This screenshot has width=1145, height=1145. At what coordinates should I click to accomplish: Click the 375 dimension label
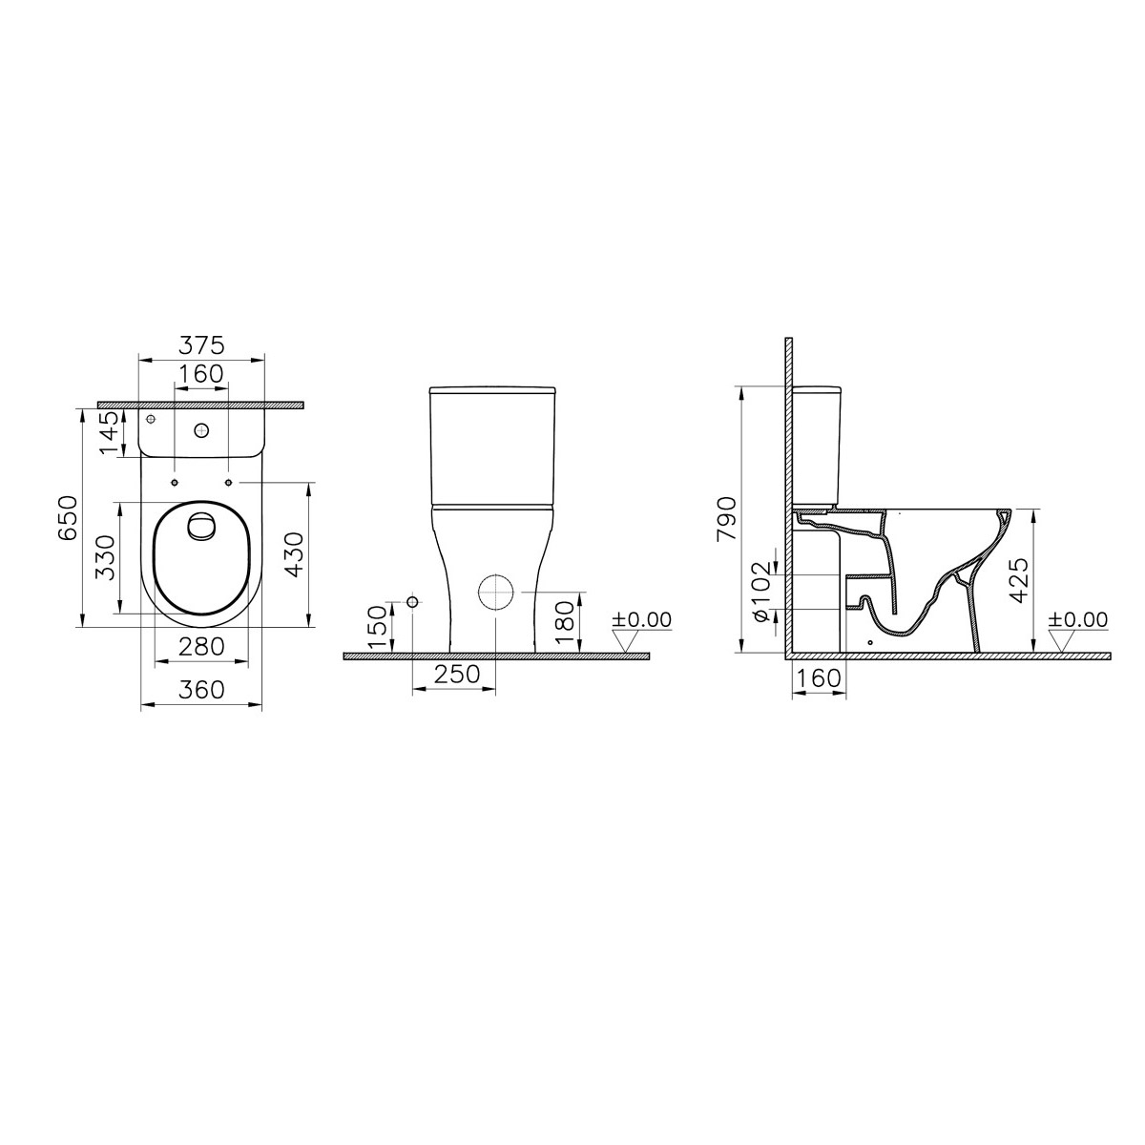click(201, 344)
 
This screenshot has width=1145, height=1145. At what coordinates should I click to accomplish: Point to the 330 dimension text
click(105, 557)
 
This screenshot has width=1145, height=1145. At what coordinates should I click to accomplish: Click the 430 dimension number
click(294, 554)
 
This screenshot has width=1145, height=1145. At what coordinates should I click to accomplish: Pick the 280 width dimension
click(201, 647)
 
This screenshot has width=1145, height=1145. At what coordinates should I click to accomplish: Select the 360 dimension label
click(201, 690)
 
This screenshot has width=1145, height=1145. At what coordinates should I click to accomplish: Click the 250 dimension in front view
click(456, 674)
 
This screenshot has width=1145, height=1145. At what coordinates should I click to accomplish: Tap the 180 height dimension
click(565, 623)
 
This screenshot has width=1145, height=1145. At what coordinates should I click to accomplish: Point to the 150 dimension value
click(377, 628)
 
